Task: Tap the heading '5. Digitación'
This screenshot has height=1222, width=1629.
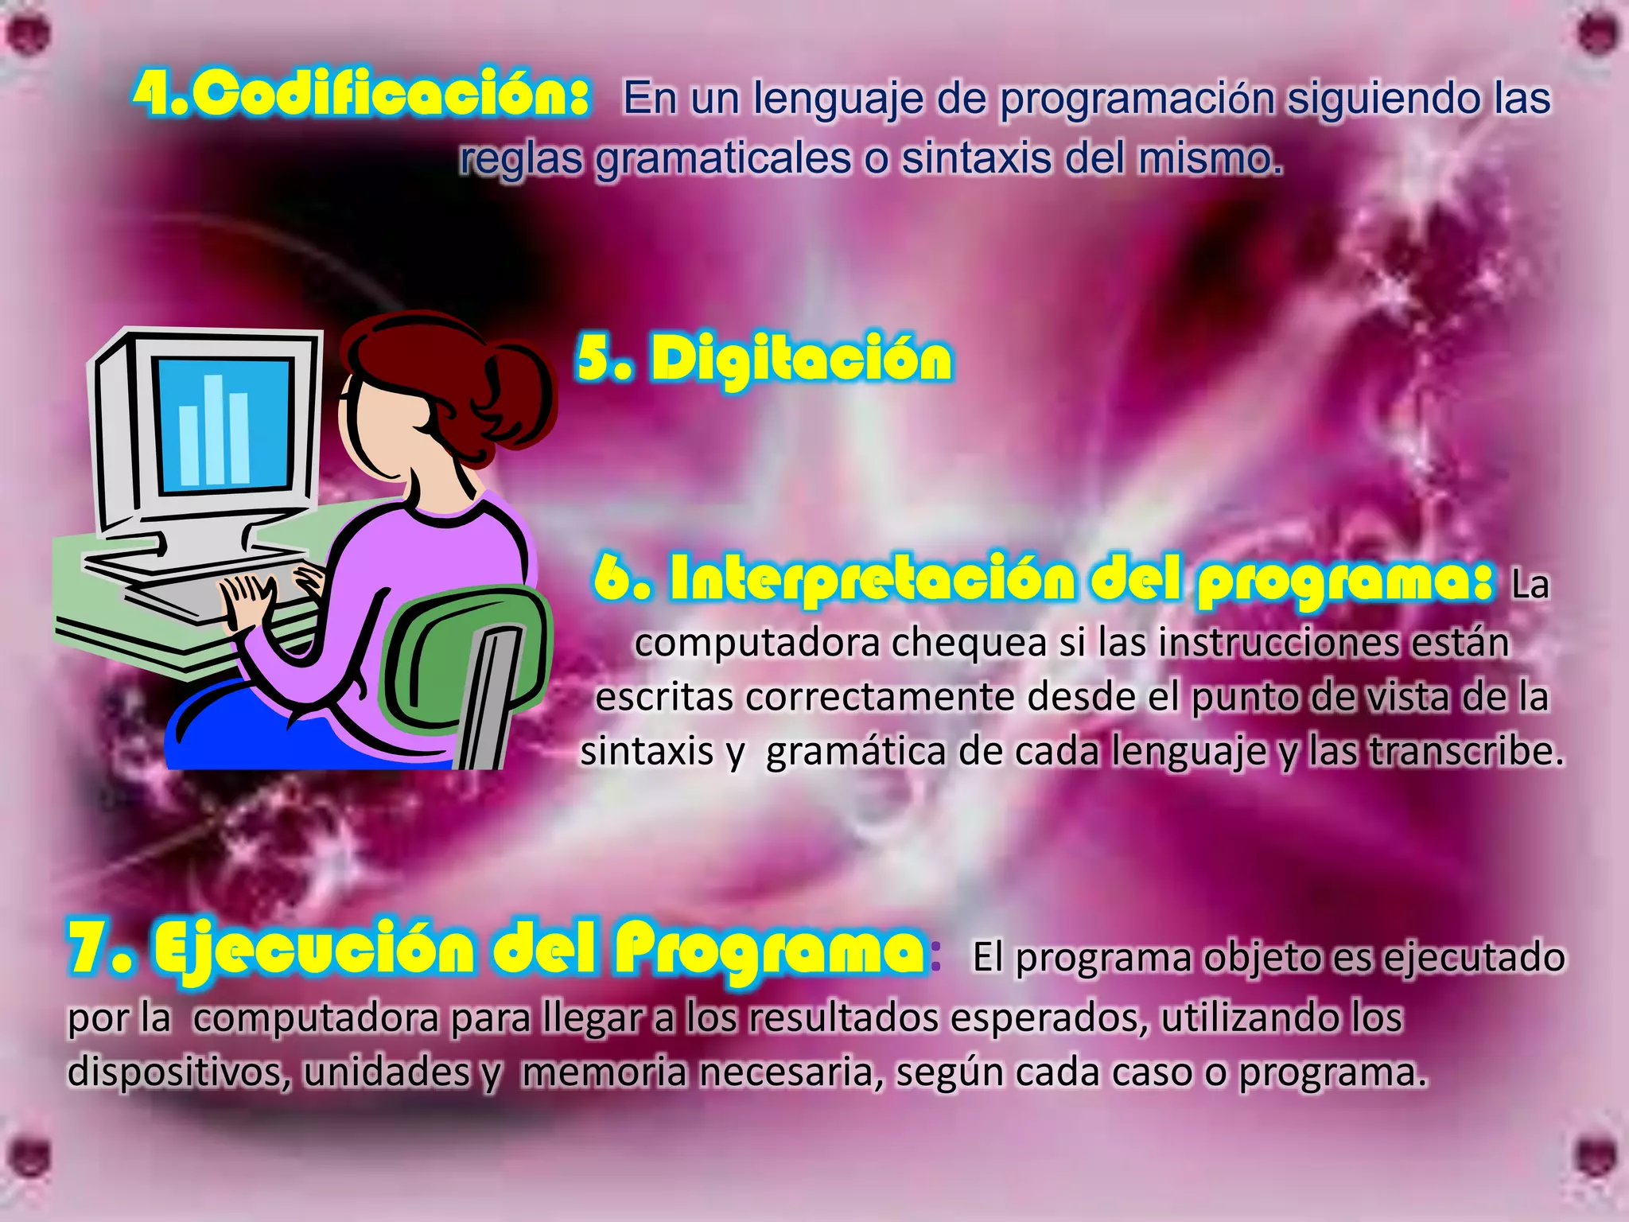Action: point(764,358)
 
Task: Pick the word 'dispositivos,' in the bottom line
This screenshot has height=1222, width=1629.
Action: point(179,1072)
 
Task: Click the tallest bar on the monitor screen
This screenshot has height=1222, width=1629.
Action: point(213,430)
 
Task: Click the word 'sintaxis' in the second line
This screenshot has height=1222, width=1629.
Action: point(974,159)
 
